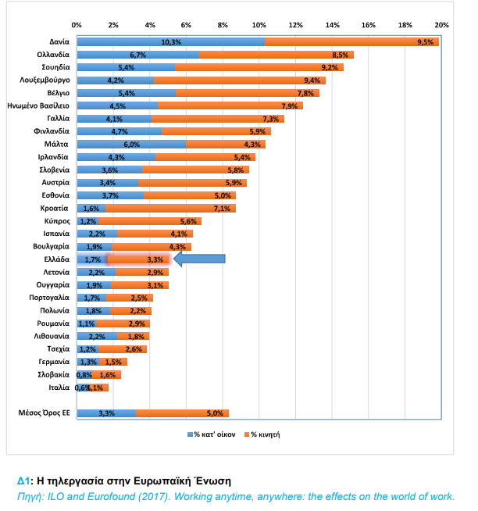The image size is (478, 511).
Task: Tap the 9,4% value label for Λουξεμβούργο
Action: [312, 80]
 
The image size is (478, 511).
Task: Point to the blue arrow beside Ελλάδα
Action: [199, 259]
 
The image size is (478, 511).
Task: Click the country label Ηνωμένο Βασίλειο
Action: [38, 105]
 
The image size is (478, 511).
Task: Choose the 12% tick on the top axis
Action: [295, 26]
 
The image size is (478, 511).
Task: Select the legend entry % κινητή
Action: [262, 434]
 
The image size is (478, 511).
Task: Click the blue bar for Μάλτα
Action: [131, 144]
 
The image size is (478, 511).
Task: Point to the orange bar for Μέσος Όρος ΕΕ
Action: [183, 413]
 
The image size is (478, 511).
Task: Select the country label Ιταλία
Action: [59, 388]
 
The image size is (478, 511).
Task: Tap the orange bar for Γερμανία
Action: [114, 362]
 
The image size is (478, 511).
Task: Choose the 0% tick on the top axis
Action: [77, 26]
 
